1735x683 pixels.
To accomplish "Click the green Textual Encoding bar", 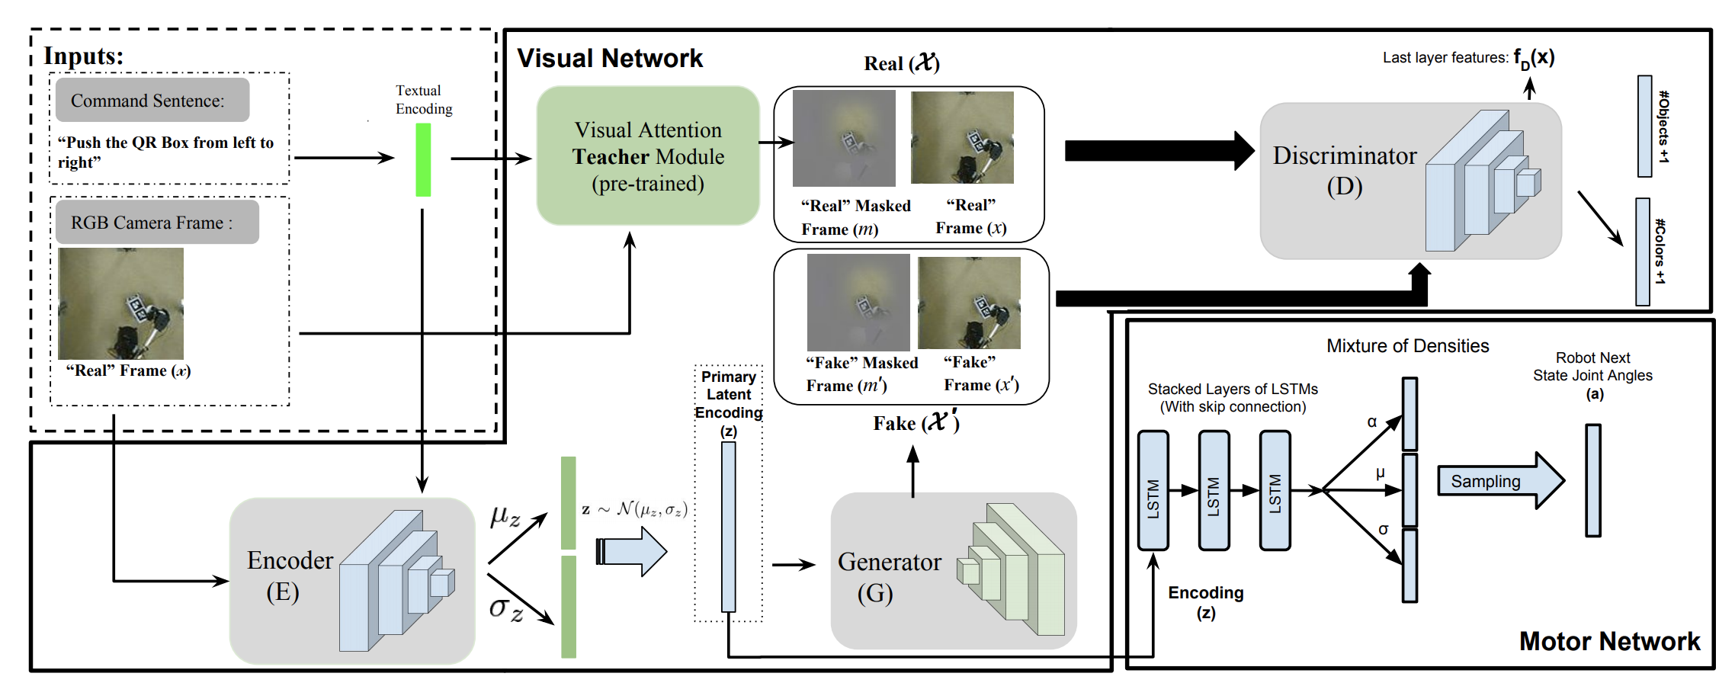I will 423,160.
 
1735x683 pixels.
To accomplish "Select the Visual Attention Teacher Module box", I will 648,156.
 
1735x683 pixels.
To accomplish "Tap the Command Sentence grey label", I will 152,101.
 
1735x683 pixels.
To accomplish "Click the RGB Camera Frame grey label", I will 157,223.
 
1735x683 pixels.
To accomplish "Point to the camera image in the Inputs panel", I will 121,303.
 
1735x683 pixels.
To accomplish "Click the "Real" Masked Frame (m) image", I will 844,139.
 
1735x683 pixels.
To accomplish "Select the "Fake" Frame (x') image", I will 969,303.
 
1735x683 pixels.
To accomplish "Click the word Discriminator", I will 1345,156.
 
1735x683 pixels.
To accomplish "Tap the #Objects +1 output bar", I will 1645,127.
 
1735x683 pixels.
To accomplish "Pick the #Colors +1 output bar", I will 1643,252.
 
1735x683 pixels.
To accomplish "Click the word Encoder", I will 290,561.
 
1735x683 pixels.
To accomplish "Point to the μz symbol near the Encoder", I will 505,517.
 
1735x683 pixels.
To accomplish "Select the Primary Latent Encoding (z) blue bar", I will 729,527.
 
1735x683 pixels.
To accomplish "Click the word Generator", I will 889,563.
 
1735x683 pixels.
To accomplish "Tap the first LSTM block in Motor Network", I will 1153,491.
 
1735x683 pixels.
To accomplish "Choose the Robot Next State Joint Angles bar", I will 1593,481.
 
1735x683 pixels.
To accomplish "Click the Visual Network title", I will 610,59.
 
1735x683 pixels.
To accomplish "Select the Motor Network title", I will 1609,642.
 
